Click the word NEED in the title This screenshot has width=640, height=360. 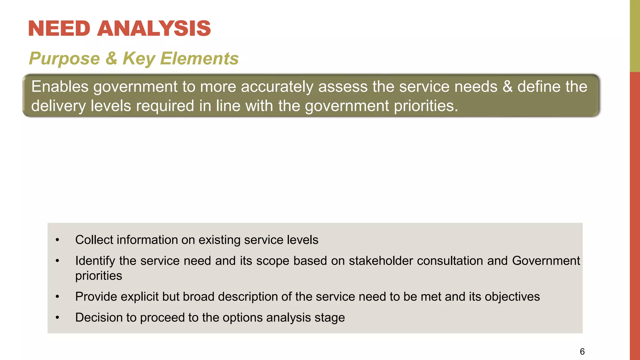[x=59, y=28]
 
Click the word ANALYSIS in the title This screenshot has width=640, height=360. [x=154, y=28]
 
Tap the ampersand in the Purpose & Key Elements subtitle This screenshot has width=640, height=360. [x=111, y=58]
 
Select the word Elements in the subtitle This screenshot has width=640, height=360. [x=199, y=58]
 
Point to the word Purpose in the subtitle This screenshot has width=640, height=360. [x=64, y=59]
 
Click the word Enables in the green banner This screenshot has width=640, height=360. [x=60, y=87]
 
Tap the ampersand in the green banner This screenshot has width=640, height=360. [x=507, y=87]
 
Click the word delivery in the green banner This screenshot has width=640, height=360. [x=58, y=106]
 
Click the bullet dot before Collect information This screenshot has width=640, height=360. [x=57, y=240]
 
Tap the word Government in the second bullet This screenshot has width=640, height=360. [x=546, y=261]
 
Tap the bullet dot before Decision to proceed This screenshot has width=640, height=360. [x=57, y=318]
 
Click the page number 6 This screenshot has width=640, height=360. [x=582, y=352]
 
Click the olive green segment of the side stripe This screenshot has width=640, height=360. [x=635, y=36]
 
